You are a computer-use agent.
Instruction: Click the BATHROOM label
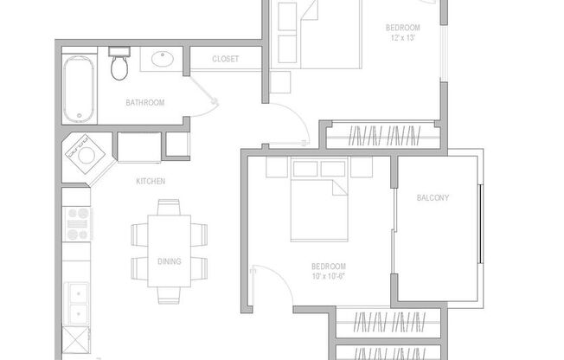(144, 103)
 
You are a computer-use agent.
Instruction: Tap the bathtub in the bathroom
(79, 89)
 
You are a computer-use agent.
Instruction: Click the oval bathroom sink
(162, 61)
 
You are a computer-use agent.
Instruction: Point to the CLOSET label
(226, 60)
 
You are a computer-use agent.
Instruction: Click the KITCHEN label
(151, 181)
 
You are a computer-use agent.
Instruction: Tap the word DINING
(170, 261)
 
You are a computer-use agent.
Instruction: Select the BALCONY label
(433, 197)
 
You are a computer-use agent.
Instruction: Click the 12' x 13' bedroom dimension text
(402, 38)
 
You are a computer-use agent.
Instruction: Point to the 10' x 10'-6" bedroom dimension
(329, 276)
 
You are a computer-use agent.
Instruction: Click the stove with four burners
(78, 223)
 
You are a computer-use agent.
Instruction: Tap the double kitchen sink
(78, 303)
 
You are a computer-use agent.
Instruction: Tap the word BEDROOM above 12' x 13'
(402, 28)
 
